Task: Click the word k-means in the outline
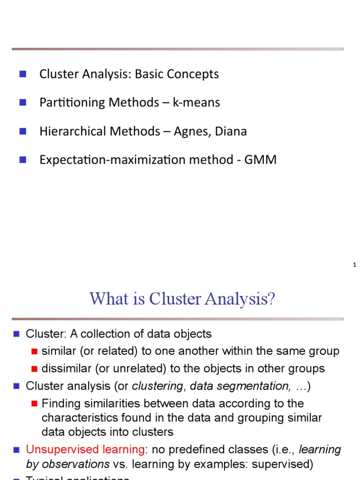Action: (196, 103)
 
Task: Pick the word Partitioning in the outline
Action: (73, 103)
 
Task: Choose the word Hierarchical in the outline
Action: (73, 131)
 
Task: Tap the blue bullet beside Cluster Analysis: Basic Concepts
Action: (22, 74)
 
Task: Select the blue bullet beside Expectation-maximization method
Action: (22, 159)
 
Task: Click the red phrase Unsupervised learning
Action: (85, 450)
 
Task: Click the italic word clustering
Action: (157, 386)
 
